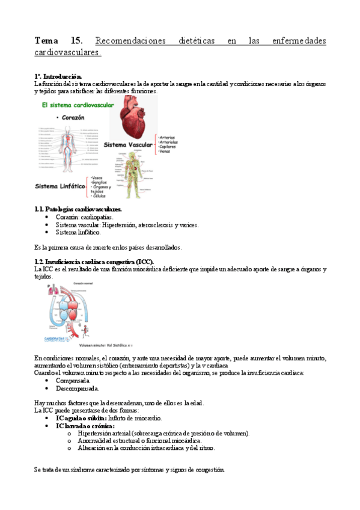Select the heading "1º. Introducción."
click(58, 77)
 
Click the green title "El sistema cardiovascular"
click(77, 105)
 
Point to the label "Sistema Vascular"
click(129, 145)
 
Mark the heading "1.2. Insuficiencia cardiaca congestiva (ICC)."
click(94, 262)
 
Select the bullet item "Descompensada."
click(78, 388)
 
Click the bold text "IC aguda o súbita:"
click(81, 418)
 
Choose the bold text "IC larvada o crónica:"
click(85, 426)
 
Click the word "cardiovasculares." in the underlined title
click(68, 53)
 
